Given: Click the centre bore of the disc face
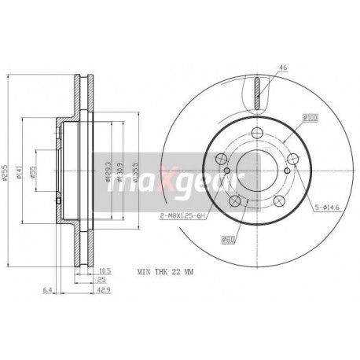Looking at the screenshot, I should (x=257, y=167).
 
